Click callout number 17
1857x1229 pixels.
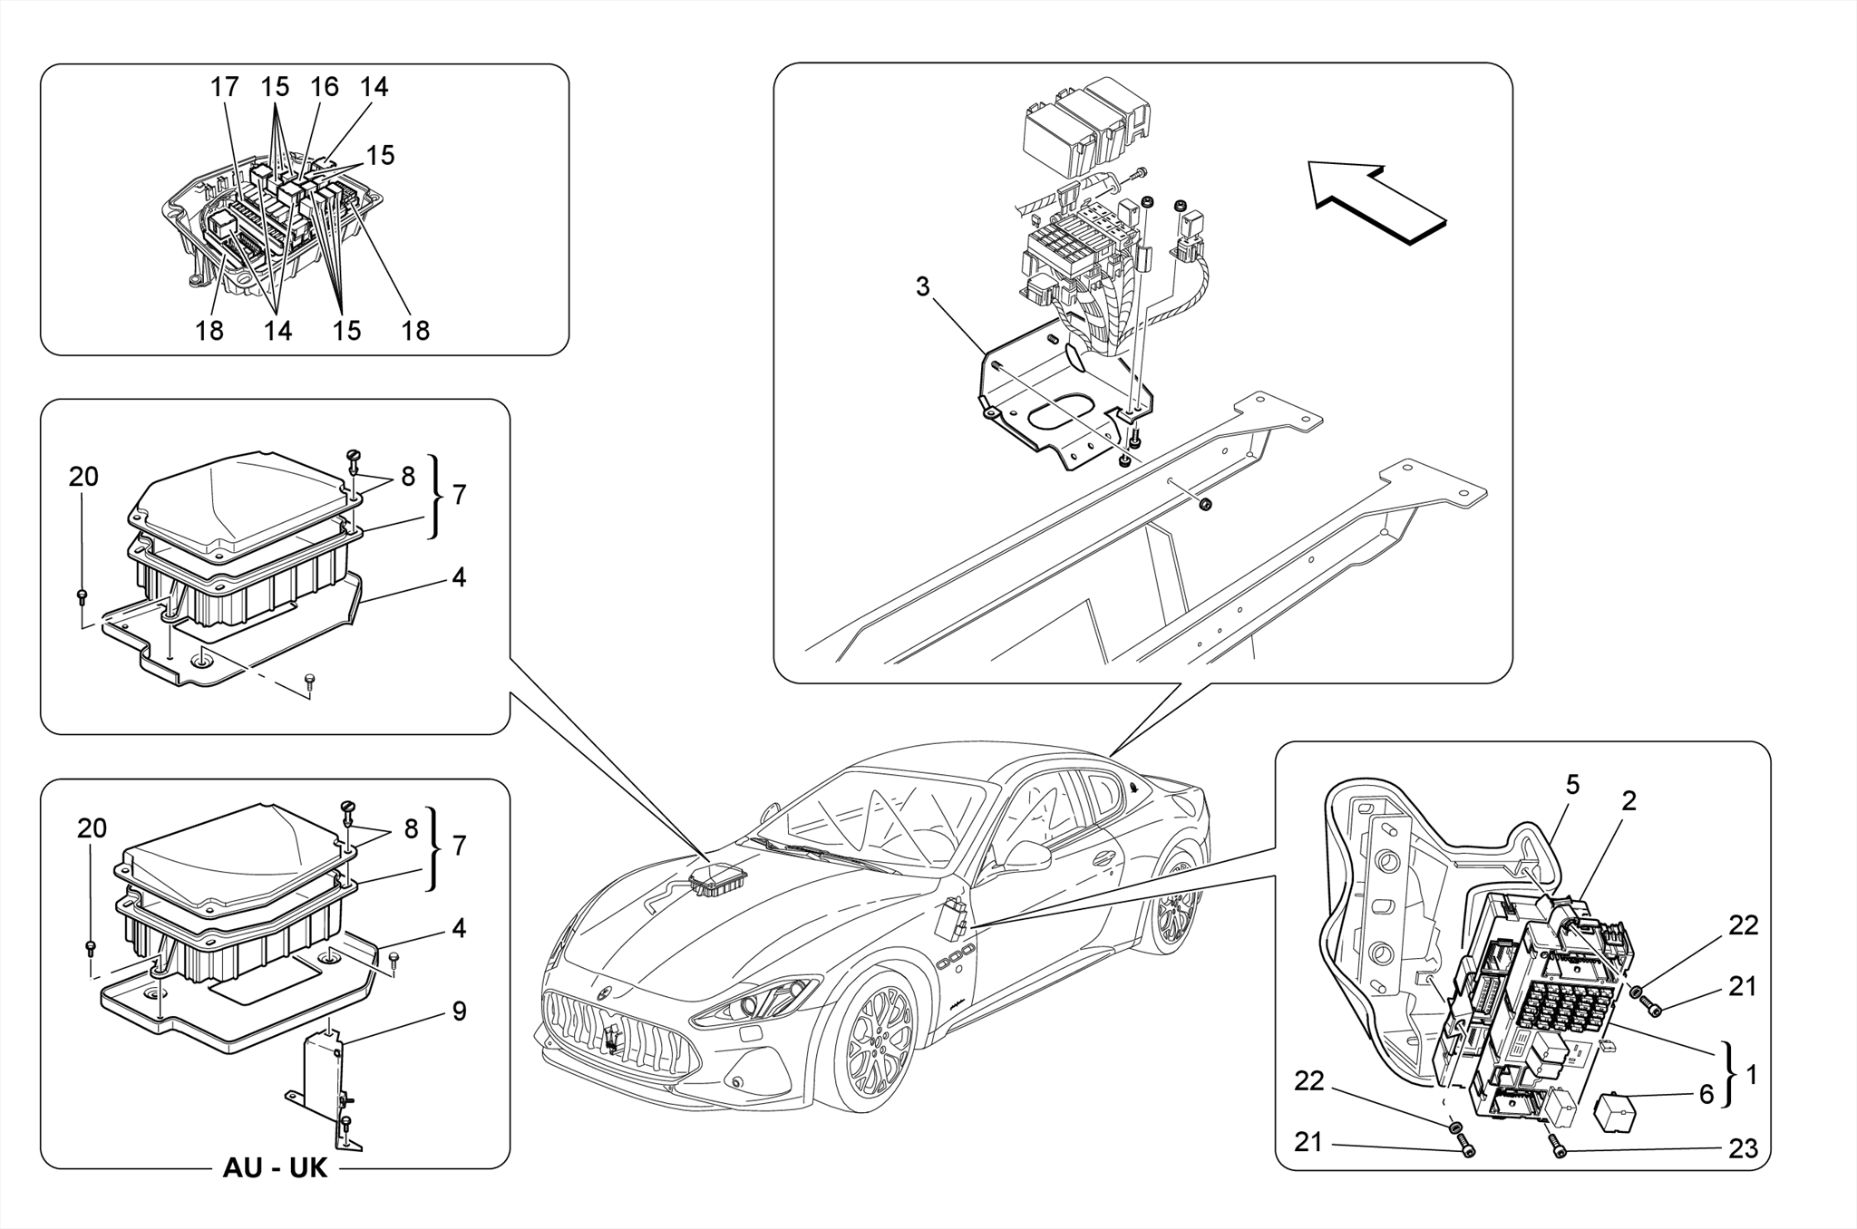(x=224, y=87)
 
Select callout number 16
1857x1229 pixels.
(x=324, y=87)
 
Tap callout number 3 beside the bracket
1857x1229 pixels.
(x=922, y=287)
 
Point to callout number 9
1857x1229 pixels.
(x=459, y=1011)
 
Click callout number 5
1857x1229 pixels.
(x=1572, y=785)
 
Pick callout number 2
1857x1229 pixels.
(x=1629, y=801)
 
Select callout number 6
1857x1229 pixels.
(x=1706, y=1095)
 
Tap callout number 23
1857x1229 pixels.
(x=1743, y=1149)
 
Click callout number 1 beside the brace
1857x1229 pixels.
(x=1751, y=1075)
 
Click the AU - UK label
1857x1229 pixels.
(x=275, y=1168)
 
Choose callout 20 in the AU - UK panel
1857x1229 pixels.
(x=92, y=828)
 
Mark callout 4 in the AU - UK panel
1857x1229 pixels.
(x=459, y=928)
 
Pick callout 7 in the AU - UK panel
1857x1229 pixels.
(x=459, y=846)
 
